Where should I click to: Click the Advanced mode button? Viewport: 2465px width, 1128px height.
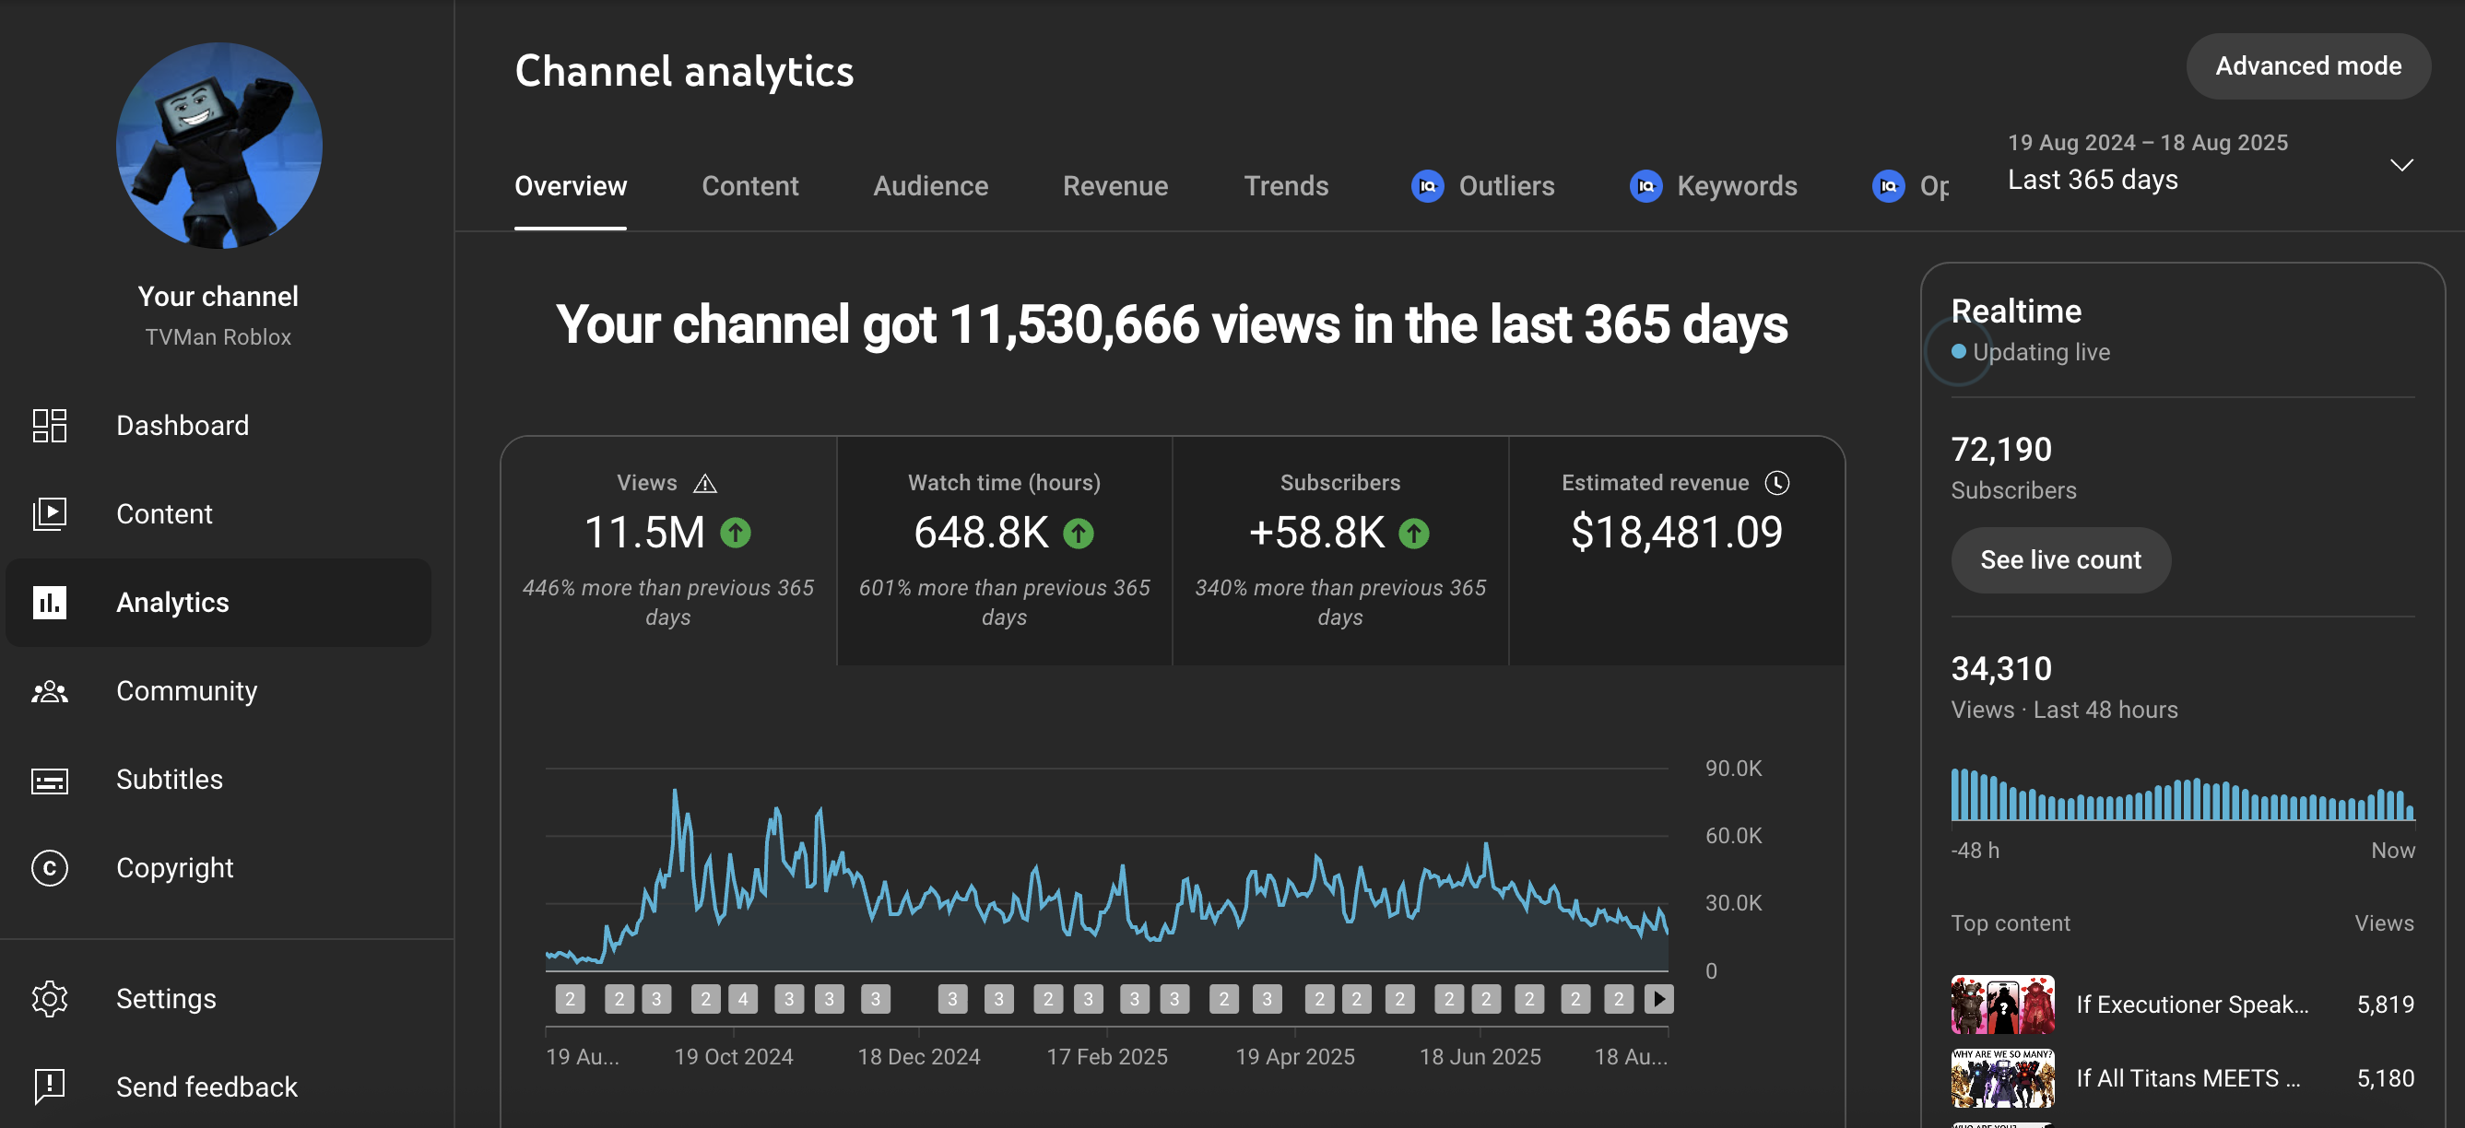point(2307,66)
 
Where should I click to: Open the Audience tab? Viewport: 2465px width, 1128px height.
point(930,185)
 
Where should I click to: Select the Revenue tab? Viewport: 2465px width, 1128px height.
point(1115,185)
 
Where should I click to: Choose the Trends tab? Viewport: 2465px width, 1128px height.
point(1285,185)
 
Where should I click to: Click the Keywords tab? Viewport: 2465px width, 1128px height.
point(1713,185)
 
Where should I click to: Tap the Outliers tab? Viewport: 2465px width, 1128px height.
point(1482,185)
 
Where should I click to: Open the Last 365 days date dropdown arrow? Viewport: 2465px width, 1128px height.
point(2400,165)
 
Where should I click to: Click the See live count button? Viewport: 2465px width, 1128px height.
point(2060,559)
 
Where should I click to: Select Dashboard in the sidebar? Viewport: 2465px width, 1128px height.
point(182,425)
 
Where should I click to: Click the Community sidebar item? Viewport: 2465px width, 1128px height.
point(185,691)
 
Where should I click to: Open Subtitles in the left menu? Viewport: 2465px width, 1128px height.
point(169,779)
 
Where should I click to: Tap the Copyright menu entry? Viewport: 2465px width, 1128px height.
point(174,868)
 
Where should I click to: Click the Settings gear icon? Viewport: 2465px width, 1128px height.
point(50,998)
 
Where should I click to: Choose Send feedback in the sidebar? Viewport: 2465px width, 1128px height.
point(206,1087)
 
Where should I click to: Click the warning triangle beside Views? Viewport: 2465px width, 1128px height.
point(705,483)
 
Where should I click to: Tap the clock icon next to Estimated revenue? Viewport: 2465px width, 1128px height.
point(1777,483)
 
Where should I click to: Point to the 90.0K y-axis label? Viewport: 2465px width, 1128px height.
point(1733,769)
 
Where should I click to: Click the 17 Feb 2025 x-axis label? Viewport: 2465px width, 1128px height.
point(1107,1056)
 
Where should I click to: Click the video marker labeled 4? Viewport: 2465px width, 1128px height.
point(743,999)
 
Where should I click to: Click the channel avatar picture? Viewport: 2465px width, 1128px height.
point(219,146)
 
